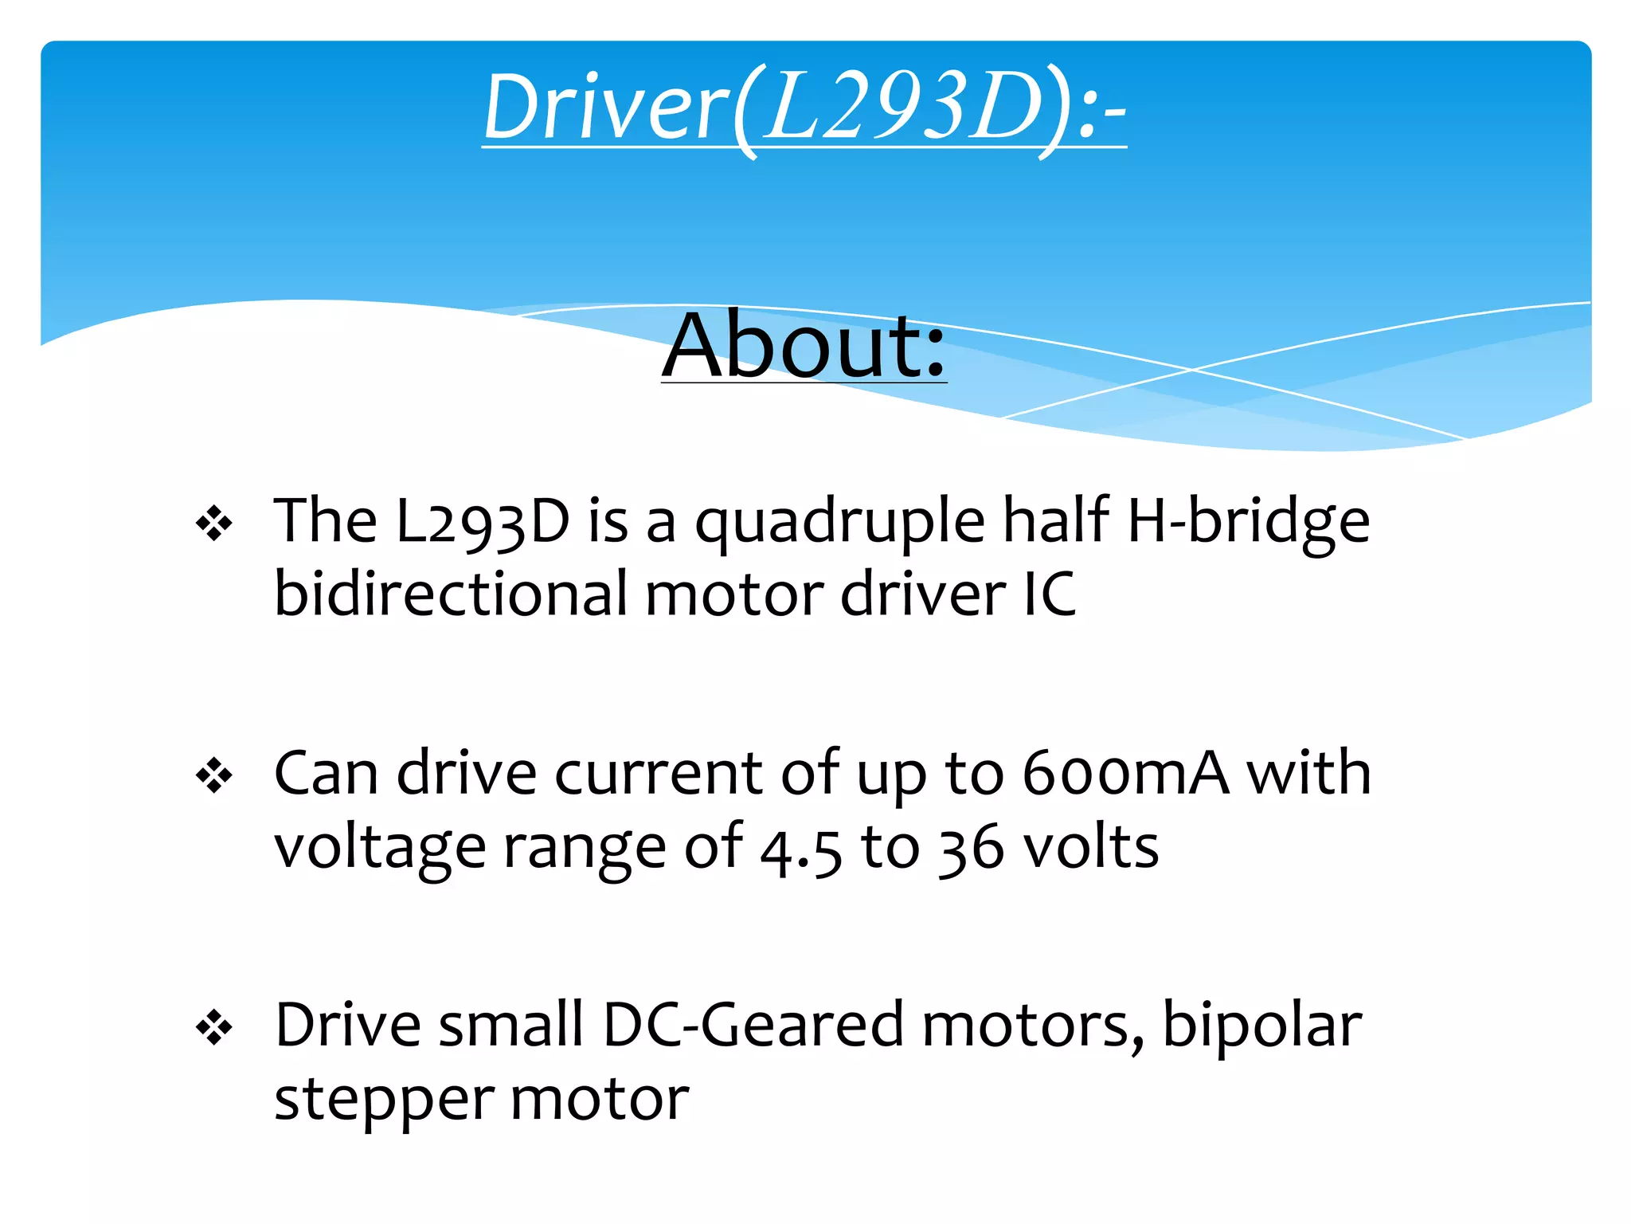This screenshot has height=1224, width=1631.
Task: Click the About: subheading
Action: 804,346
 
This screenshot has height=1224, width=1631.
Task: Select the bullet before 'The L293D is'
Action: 214,524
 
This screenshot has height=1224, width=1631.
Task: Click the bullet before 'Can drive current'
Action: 214,775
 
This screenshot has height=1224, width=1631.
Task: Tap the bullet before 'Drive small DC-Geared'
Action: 214,1027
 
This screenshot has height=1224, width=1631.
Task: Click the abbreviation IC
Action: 1050,594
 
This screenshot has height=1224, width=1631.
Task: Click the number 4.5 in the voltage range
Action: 800,849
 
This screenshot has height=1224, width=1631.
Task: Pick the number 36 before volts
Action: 971,849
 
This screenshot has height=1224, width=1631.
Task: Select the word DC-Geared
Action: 753,1026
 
